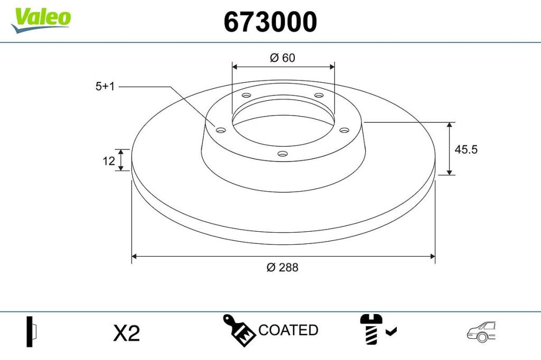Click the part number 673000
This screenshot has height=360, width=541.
coord(270,22)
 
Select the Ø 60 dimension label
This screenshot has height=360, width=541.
coord(282,58)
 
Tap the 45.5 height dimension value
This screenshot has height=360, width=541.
coord(466,149)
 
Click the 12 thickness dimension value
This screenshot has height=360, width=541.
coord(109,161)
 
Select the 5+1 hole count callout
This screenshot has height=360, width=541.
coord(105,87)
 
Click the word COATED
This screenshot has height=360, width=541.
coord(288,330)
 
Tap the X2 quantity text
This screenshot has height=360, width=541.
coord(127,333)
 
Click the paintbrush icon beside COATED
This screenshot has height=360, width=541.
coord(239,330)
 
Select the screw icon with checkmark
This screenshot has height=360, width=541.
coord(377,329)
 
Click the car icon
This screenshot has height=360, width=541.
coord(481,331)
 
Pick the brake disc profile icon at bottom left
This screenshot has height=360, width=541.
coord(31,331)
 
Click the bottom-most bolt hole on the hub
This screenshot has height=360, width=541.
coord(283,155)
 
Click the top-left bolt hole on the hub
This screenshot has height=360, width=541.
coord(246,96)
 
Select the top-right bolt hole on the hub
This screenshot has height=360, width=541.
coord(319,96)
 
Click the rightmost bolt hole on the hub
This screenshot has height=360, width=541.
coord(344,130)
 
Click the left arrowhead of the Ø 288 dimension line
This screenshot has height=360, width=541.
coord(134,257)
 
